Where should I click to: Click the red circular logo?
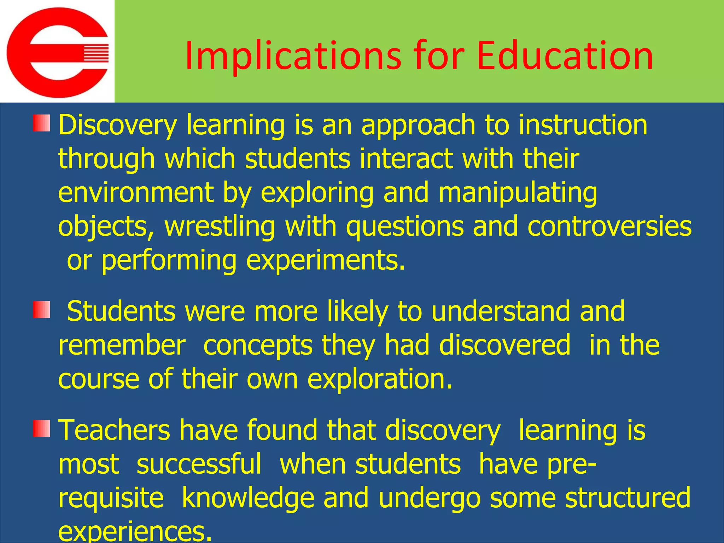tap(58, 52)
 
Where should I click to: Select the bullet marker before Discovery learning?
tap(41, 123)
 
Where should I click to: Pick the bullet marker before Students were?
tap(41, 310)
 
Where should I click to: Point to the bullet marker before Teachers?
tap(41, 428)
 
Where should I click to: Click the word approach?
tap(418, 126)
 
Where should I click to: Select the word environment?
tap(136, 193)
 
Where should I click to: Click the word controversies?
tap(609, 226)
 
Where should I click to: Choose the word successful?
tap(199, 464)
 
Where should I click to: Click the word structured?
tap(627, 497)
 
